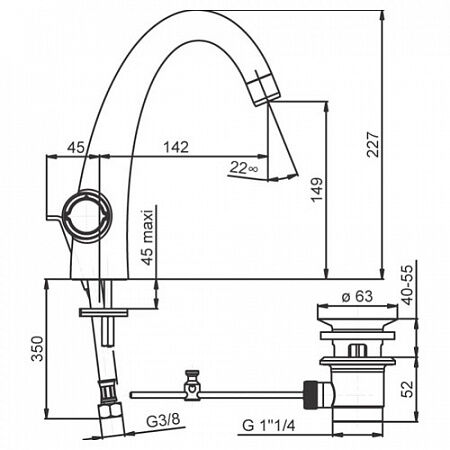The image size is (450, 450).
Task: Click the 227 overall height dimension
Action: click(x=373, y=145)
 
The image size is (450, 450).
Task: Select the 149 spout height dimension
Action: click(x=317, y=190)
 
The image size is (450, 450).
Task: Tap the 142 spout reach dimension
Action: click(x=176, y=147)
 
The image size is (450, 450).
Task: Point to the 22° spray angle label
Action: click(x=244, y=167)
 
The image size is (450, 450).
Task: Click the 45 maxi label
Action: click(x=148, y=237)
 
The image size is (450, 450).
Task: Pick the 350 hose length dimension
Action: click(x=37, y=349)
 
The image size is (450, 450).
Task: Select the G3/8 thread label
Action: click(x=163, y=421)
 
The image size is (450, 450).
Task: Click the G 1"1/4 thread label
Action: click(x=269, y=426)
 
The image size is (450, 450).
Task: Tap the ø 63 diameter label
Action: click(x=357, y=296)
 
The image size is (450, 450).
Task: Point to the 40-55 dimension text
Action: click(x=408, y=285)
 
